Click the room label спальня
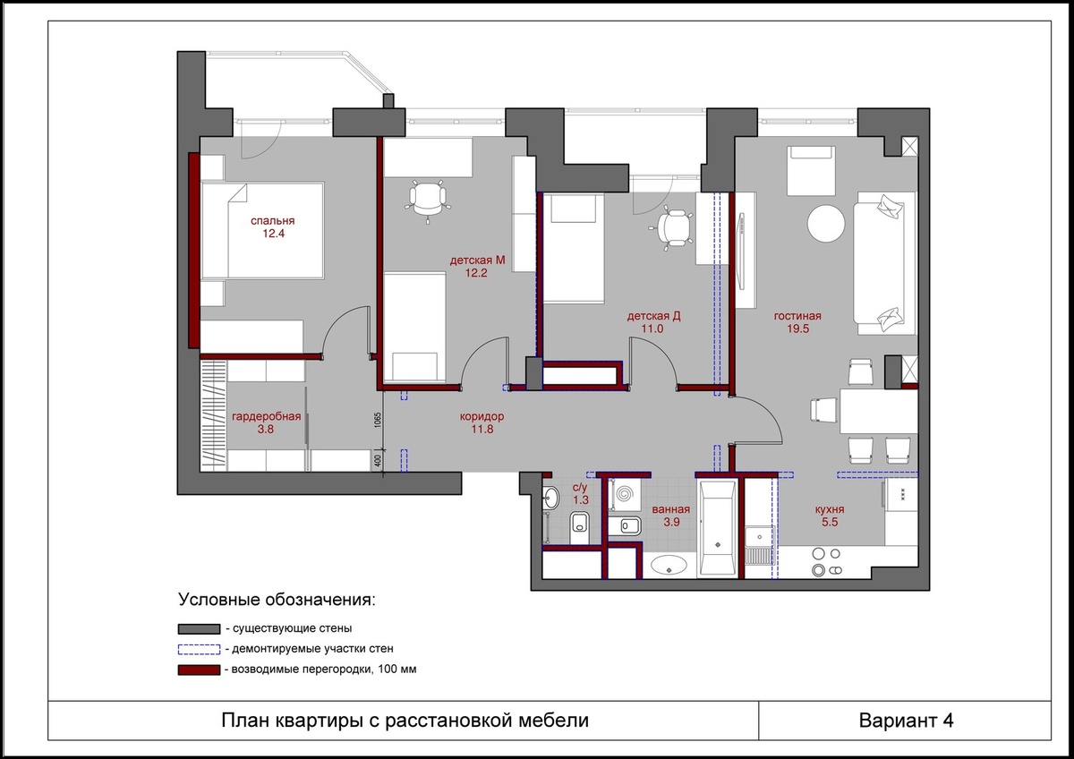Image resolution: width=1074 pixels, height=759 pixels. [x=272, y=221]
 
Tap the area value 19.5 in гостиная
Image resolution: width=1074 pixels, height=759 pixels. [x=797, y=328]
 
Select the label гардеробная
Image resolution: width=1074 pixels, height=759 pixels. [x=266, y=417]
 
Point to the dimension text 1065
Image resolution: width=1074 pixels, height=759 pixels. [x=378, y=420]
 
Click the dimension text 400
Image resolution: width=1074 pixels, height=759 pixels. [x=378, y=461]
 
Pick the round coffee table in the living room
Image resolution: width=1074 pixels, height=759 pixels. [x=825, y=224]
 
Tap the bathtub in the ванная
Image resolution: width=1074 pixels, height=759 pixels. [x=717, y=528]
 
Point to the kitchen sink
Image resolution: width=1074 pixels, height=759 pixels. [x=759, y=546]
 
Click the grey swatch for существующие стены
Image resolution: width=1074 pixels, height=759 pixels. [x=199, y=628]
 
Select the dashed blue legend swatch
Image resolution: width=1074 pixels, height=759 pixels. [x=199, y=649]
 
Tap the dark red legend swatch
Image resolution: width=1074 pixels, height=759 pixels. [x=199, y=669]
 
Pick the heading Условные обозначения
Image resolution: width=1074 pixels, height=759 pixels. [x=277, y=600]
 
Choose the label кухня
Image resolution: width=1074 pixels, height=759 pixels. [x=830, y=509]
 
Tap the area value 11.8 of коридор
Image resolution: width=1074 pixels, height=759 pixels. [x=482, y=429]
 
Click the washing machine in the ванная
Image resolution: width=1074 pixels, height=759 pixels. [x=625, y=494]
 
